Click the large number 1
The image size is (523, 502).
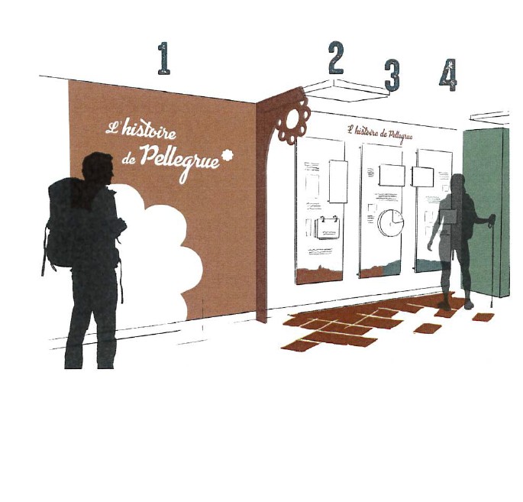click(163, 58)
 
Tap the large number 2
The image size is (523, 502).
click(336, 57)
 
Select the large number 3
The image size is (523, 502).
click(392, 75)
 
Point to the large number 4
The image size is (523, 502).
click(448, 74)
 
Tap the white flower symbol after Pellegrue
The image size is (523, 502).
click(228, 155)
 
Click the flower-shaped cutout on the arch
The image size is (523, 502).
click(292, 121)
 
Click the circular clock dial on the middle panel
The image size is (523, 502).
click(390, 222)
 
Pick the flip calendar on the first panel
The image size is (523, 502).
click(328, 228)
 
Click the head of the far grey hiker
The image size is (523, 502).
click(457, 183)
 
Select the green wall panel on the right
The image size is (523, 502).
click(486, 212)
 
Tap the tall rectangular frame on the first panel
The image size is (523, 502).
click(338, 181)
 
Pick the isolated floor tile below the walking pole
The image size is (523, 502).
click(483, 317)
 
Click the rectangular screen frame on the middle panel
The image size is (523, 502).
click(392, 175)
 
